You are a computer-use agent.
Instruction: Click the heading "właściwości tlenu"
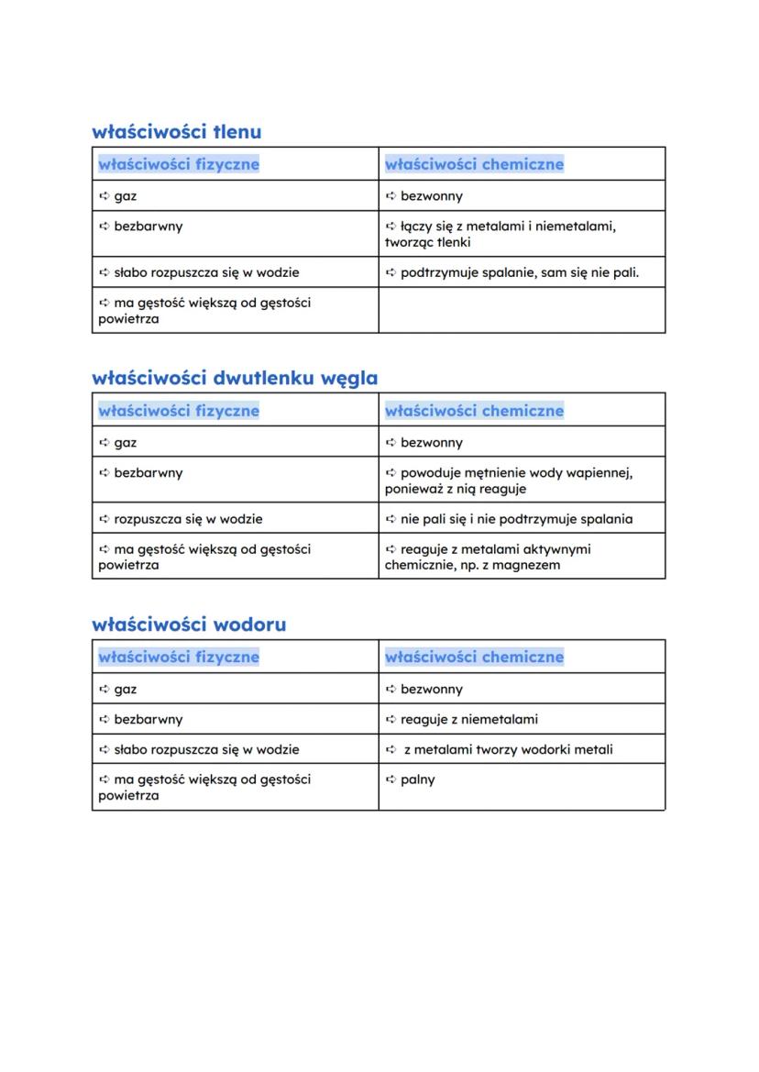coord(176,131)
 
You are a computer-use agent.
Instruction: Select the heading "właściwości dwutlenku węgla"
coord(235,378)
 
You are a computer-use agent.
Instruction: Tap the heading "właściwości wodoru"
coord(189,624)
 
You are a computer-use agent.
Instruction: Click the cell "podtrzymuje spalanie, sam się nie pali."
coord(520,272)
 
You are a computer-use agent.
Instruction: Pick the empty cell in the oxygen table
coord(522,310)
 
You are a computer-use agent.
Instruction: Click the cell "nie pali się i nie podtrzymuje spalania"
coord(516,519)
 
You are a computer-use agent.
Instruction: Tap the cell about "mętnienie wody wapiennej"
coord(516,481)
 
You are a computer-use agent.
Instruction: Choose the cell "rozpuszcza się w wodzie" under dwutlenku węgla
coord(188,519)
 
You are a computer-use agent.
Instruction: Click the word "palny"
coord(418,779)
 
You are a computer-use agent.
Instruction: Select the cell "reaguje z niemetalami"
coord(469,719)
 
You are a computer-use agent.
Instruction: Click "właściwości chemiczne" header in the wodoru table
coord(474,657)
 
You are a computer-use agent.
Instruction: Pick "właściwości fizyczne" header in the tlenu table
coord(179,164)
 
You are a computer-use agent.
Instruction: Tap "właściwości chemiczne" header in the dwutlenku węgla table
coord(474,411)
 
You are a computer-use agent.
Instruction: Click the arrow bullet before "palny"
coord(390,779)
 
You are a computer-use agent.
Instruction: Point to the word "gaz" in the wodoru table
coord(126,689)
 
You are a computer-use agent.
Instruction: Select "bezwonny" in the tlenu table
coord(432,195)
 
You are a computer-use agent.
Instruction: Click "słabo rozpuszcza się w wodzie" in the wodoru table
coord(206,749)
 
